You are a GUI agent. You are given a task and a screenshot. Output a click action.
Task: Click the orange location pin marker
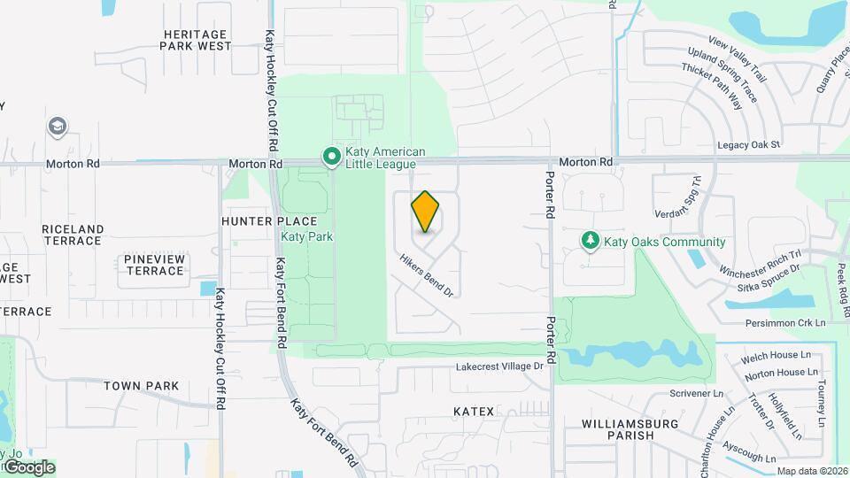coord(425,211)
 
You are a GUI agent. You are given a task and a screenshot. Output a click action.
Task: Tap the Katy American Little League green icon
coord(332,158)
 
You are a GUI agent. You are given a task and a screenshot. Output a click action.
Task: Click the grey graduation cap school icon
coord(58,127)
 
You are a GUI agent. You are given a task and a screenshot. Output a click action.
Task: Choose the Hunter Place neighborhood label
coord(269,221)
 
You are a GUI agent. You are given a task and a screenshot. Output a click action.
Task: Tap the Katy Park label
coord(306,237)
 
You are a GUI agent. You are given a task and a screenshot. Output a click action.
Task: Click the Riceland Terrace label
coord(72,235)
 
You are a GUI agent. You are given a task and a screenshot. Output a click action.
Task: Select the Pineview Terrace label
coord(154,265)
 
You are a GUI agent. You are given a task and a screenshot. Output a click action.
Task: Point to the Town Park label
coord(141,386)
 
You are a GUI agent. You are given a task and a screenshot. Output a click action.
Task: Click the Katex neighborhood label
coord(473,412)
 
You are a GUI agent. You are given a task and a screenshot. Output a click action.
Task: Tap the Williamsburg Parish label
coord(630,429)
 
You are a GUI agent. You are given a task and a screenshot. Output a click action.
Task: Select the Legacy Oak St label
coord(748,144)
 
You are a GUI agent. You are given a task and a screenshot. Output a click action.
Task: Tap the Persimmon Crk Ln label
coord(784,323)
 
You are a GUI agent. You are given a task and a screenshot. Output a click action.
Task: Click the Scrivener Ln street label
coord(696,393)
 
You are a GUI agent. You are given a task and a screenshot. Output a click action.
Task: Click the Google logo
coord(28,466)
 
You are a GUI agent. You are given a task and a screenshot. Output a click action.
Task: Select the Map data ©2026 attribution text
coord(812,471)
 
